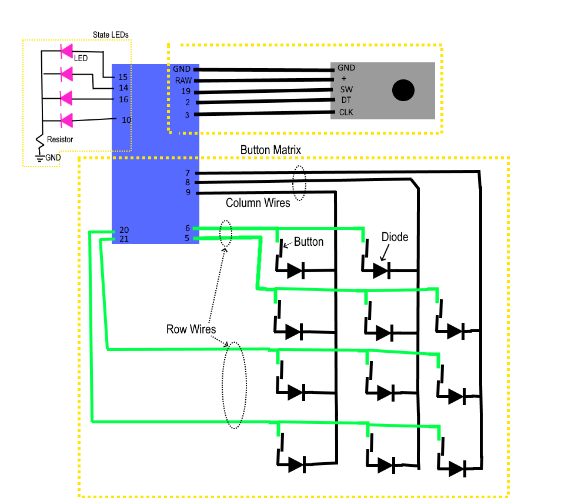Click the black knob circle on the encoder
point(403,90)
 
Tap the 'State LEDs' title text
point(111,35)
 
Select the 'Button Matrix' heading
point(270,151)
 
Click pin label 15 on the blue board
point(123,77)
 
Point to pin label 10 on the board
point(126,120)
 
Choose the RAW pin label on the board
point(182,80)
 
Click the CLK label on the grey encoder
point(346,112)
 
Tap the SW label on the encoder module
point(346,89)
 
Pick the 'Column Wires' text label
point(258,203)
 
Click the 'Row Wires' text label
point(191,329)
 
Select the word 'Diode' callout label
point(395,238)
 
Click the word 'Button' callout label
point(309,242)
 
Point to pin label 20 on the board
point(123,230)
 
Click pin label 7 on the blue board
point(187,173)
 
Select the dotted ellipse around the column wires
point(299,183)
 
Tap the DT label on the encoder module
point(346,101)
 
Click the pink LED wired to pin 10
point(67,121)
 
